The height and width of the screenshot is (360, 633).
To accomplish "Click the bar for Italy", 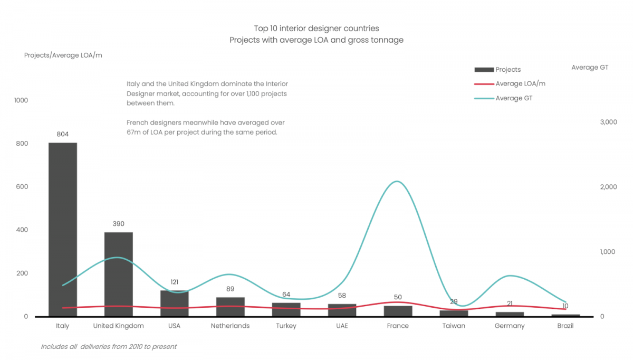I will [x=63, y=230].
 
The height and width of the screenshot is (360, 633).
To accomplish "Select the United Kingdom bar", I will [x=119, y=274].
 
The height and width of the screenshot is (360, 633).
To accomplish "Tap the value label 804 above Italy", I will [x=63, y=134].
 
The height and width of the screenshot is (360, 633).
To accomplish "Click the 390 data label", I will [x=119, y=224].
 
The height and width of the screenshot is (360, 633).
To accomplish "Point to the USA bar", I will [x=175, y=304].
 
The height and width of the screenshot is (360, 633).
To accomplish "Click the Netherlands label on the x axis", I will [x=230, y=326].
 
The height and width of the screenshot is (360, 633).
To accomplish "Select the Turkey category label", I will [x=286, y=326].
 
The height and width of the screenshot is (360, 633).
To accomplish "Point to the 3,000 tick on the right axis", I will [x=608, y=122].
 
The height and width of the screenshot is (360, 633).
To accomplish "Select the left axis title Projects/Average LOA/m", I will [x=63, y=55].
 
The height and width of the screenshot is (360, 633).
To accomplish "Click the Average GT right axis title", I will [x=590, y=68].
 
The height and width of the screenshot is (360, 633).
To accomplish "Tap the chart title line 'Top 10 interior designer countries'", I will [x=316, y=28].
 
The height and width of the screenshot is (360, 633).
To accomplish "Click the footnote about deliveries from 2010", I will [x=109, y=347].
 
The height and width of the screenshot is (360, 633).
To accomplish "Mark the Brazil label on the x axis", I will [x=565, y=326].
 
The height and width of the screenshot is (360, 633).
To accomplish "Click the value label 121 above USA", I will [x=175, y=282].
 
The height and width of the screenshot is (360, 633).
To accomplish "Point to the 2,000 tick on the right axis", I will [x=608, y=187].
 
